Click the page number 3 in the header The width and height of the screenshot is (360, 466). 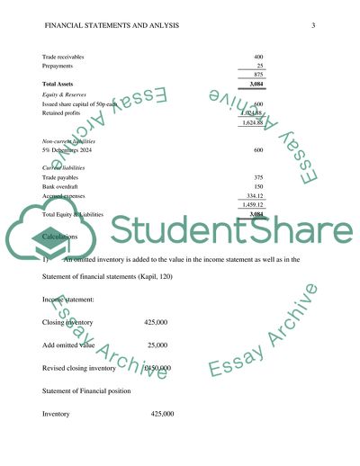[x=312, y=24]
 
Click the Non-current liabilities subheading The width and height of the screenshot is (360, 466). [x=74, y=142]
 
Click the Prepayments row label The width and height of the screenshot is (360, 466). [x=60, y=66]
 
